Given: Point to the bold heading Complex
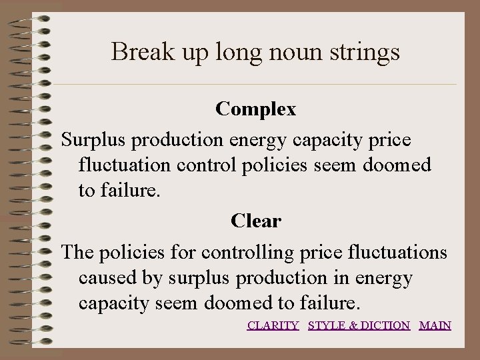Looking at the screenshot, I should click(x=256, y=109).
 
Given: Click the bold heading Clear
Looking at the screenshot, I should click(x=256, y=221).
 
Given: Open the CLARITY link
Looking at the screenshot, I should click(x=273, y=325).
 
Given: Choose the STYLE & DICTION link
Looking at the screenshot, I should click(x=359, y=325).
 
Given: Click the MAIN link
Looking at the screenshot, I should click(x=435, y=325).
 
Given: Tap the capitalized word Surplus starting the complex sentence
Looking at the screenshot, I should click(x=93, y=140).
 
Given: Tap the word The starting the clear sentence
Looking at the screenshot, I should click(x=77, y=253).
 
